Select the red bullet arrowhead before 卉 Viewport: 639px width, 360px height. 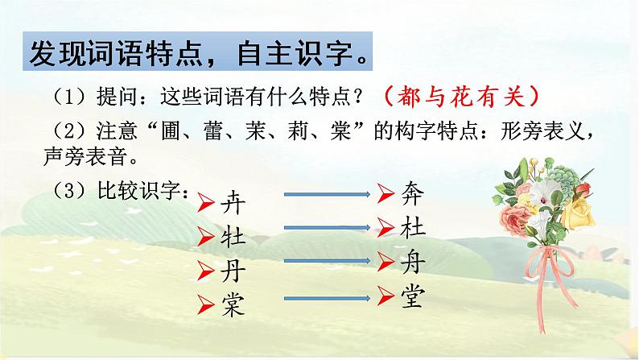(x=207, y=203)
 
